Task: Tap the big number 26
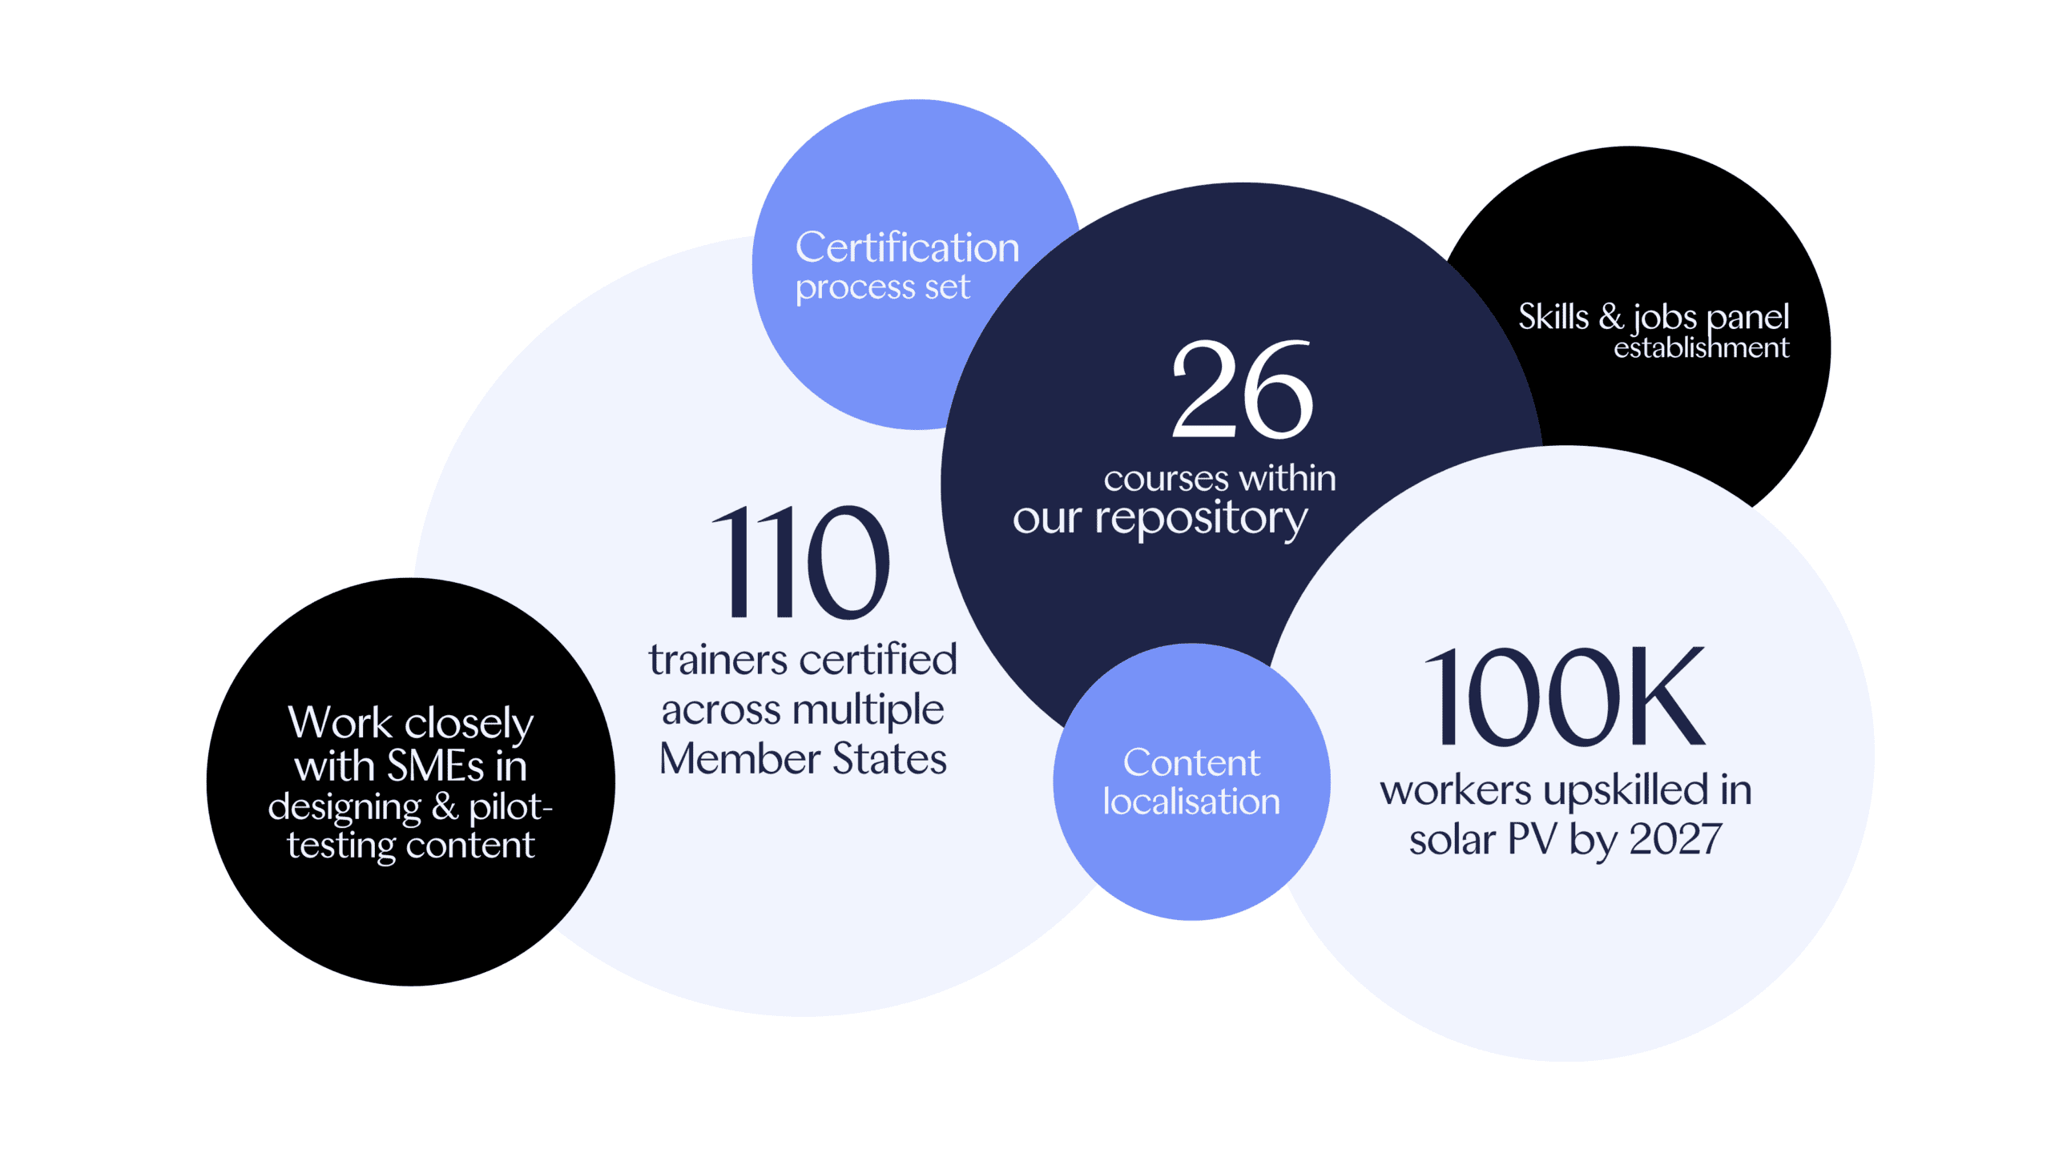[1242, 389]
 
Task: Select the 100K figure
[1564, 696]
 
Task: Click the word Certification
[907, 247]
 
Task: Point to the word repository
[1201, 519]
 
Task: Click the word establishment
[1701, 348]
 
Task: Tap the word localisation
[1191, 801]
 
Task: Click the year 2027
[1676, 839]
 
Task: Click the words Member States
[803, 758]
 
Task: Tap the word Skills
[1553, 317]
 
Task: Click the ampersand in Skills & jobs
[1611, 317]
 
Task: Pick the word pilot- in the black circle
[510, 807]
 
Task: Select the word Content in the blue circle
[1191, 763]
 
